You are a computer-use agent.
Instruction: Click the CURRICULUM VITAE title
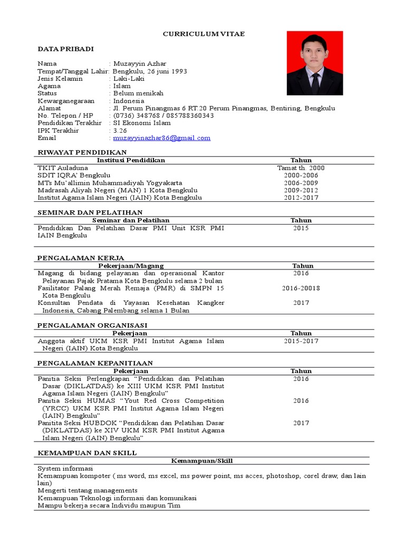click(x=204, y=34)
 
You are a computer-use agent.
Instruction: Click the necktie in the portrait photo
click(x=315, y=81)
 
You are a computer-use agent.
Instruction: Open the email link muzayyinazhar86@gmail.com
click(x=162, y=138)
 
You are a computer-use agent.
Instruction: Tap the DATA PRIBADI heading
click(x=65, y=49)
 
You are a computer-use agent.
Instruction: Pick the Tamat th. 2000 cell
click(x=301, y=168)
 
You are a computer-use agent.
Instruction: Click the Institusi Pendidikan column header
click(x=131, y=160)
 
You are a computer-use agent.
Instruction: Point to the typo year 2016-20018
click(x=301, y=288)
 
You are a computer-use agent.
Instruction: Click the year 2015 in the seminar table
click(x=301, y=228)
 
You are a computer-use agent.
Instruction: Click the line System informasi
click(x=65, y=469)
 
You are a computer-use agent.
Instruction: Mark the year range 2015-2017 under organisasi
click(x=301, y=341)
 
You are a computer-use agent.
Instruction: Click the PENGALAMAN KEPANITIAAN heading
click(x=95, y=363)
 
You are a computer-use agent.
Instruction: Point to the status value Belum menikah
click(x=138, y=94)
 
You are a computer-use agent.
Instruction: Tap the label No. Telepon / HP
click(x=65, y=116)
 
